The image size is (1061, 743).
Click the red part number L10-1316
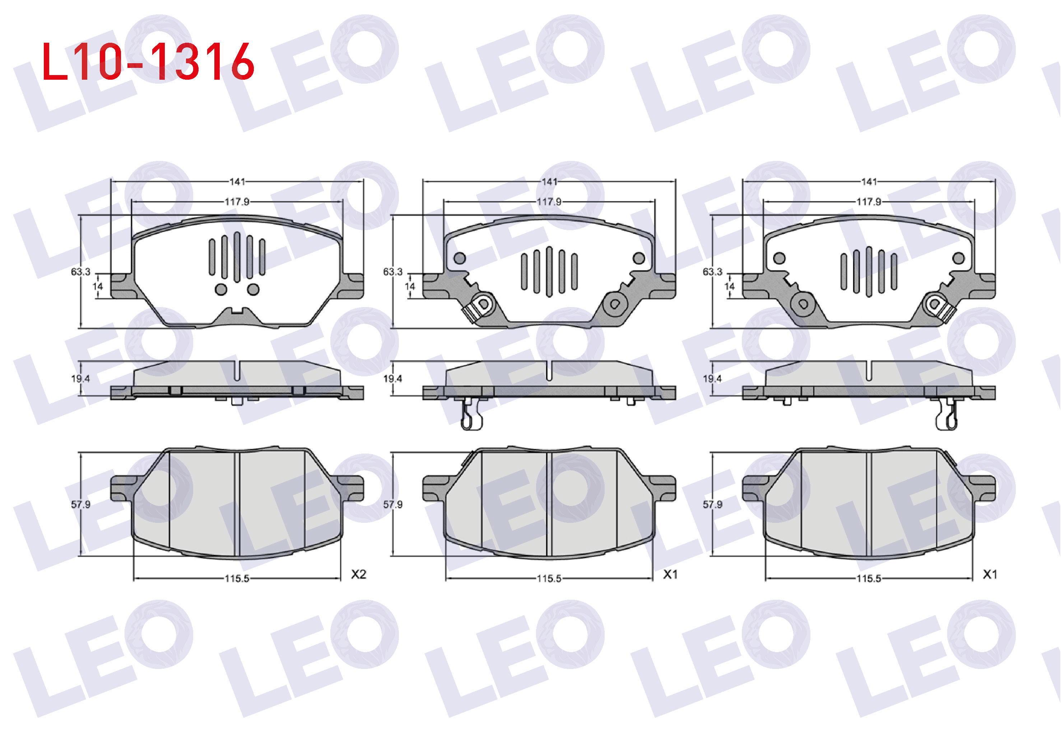[148, 61]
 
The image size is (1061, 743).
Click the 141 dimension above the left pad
[237, 182]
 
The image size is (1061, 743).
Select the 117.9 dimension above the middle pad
[549, 201]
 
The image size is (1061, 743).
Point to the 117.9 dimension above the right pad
[869, 201]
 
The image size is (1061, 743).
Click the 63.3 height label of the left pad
[80, 272]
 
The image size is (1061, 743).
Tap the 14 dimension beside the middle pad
[410, 287]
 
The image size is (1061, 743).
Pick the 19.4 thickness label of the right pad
[712, 379]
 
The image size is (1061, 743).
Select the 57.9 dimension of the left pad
[80, 504]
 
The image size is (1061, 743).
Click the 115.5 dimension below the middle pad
[549, 579]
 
